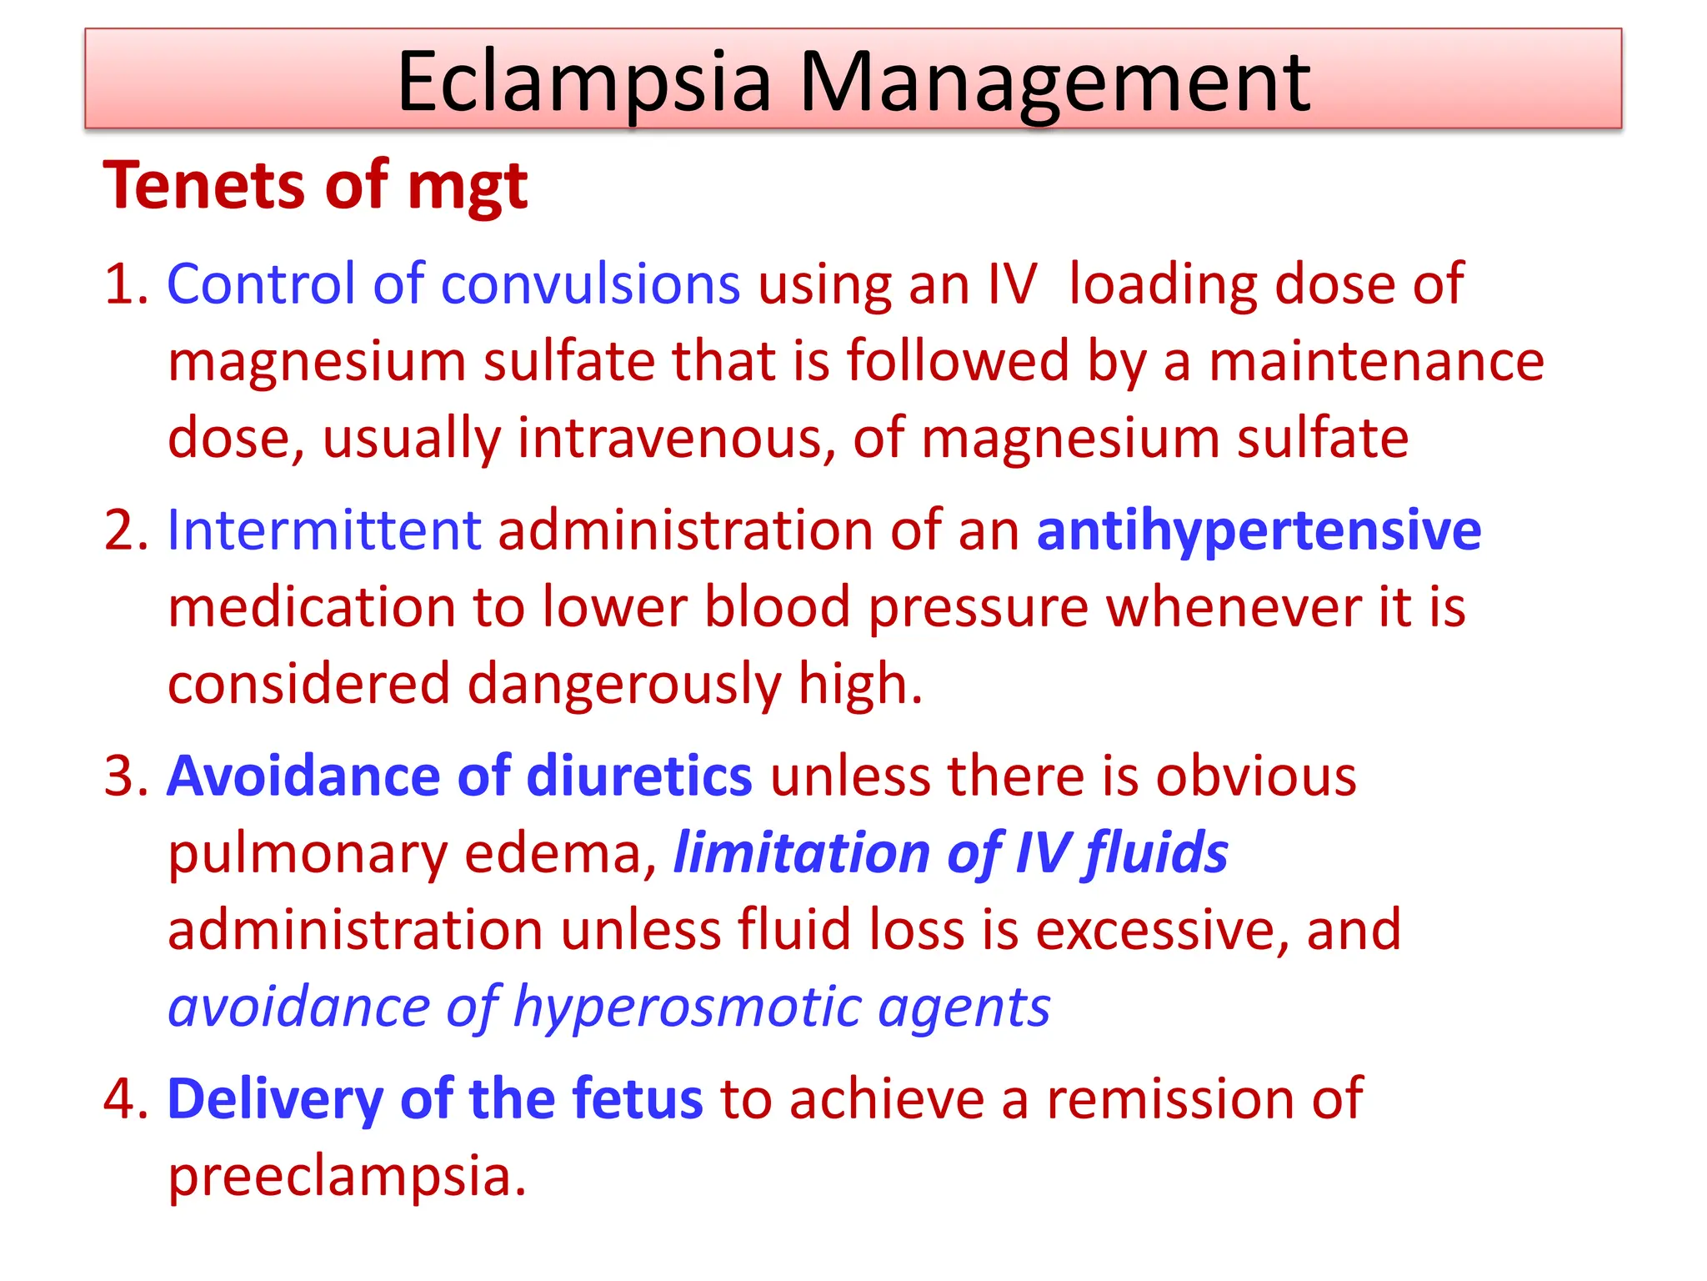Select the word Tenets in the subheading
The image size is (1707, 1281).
[204, 184]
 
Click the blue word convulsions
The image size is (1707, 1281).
[590, 284]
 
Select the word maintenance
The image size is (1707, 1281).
[1376, 362]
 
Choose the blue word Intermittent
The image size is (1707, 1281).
[324, 530]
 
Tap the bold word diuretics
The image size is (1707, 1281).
[639, 776]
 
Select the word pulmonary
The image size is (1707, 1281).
[308, 855]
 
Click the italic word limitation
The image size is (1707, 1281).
[800, 853]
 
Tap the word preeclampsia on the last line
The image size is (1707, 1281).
[347, 1177]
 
